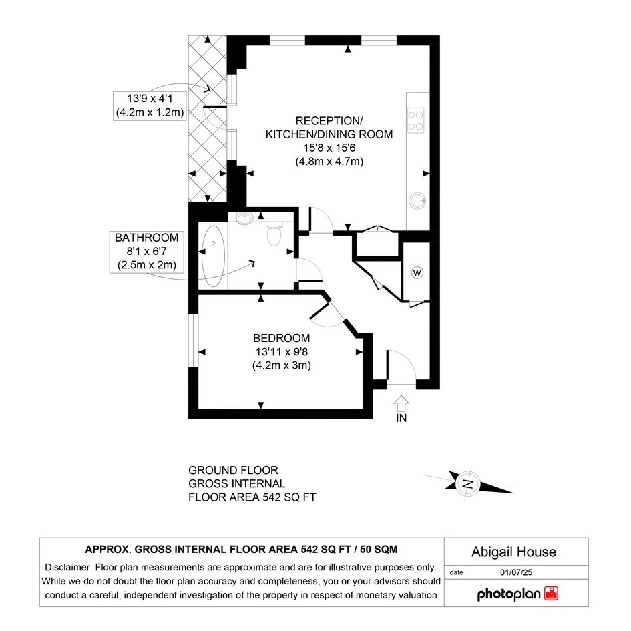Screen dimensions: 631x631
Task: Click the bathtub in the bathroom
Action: pos(213,256)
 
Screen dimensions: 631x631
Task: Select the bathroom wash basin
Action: pos(244,218)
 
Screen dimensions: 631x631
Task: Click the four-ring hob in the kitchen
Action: pos(416,120)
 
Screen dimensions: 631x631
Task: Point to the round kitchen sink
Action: pos(417,200)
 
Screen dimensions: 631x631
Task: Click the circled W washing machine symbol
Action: pos(417,273)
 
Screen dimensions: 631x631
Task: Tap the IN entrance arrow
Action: pos(401,403)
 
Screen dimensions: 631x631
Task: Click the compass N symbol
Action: pos(467,483)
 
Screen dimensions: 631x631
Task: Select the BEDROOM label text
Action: pos(281,338)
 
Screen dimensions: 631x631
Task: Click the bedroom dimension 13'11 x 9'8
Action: pos(281,352)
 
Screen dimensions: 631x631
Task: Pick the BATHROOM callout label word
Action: pos(146,238)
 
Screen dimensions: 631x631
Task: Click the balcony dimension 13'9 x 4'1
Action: pos(150,99)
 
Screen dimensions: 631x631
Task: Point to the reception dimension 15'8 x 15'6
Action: pos(329,148)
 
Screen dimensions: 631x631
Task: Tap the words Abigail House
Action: pos(513,552)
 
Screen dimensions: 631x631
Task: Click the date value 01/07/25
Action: pos(516,572)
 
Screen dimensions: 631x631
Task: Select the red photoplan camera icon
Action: pos(551,594)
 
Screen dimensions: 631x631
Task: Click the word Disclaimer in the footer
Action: pos(67,568)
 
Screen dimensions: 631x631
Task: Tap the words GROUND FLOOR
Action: pos(233,471)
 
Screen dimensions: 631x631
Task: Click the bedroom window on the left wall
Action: pos(194,340)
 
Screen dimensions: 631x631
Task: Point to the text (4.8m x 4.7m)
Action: pos(329,162)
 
